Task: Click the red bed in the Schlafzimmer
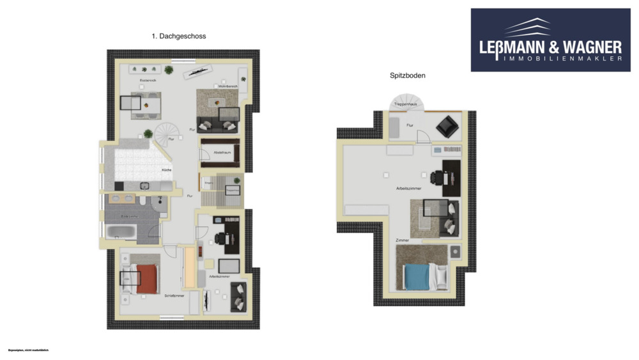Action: point(147,279)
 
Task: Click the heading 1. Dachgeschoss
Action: point(179,37)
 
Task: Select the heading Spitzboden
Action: point(408,75)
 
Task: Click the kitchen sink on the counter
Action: point(145,185)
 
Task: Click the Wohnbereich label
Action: point(227,86)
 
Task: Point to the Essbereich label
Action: point(148,80)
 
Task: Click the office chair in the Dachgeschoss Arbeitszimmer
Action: point(220,239)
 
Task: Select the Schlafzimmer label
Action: point(174,295)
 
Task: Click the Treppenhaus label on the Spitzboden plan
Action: point(404,103)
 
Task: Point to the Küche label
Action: point(166,169)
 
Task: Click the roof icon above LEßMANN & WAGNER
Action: point(528,27)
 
